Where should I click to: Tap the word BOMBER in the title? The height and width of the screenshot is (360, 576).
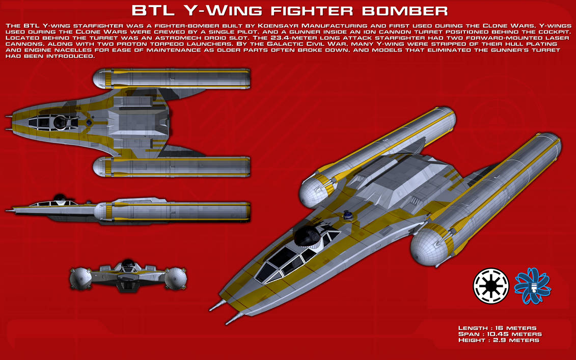click(405, 11)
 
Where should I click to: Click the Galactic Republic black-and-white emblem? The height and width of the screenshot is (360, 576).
click(491, 286)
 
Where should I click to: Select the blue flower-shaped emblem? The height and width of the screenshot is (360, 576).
click(532, 286)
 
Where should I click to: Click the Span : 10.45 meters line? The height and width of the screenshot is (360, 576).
click(500, 334)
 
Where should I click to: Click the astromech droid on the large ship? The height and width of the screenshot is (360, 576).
click(347, 215)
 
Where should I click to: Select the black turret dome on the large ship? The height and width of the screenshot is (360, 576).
click(308, 235)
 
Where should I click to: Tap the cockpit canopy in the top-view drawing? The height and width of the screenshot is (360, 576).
click(53, 122)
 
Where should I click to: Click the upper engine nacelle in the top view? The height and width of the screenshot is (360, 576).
click(172, 78)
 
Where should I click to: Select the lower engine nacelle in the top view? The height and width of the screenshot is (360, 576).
click(172, 167)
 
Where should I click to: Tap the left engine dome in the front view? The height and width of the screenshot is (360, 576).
click(80, 279)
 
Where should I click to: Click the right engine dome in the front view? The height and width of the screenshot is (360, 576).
click(176, 279)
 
